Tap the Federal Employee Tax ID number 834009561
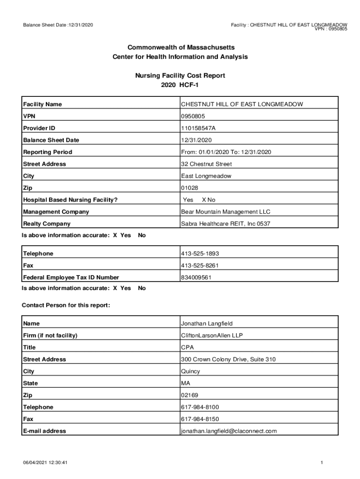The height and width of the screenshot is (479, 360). [x=195, y=277]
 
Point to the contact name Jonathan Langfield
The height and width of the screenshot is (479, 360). [x=207, y=324]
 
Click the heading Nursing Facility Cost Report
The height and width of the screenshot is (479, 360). [x=180, y=75]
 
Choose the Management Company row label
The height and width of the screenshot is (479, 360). [x=56, y=212]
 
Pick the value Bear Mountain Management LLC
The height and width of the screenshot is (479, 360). [x=226, y=212]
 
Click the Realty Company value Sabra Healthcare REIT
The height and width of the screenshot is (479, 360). [x=225, y=224]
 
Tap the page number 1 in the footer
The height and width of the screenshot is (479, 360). [x=322, y=463]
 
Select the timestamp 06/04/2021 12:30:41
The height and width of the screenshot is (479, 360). [x=46, y=463]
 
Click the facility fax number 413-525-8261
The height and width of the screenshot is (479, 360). [x=200, y=266]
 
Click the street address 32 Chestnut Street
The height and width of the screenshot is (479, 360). [x=206, y=164]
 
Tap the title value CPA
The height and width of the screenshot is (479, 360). [x=187, y=348]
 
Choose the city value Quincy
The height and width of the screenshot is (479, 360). [x=191, y=371]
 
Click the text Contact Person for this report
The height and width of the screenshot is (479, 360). [x=66, y=305]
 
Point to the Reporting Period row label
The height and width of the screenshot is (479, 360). [x=48, y=152]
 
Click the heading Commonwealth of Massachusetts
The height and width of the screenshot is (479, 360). [x=180, y=48]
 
